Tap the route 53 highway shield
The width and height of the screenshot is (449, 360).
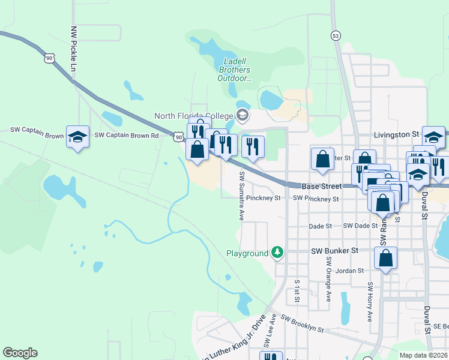coord(335,36)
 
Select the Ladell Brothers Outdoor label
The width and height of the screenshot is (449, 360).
coord(235,70)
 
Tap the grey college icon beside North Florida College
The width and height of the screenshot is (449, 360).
coord(243,115)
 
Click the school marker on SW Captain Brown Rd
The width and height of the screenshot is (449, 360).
coord(77,137)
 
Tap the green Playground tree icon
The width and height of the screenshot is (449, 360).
coord(277,253)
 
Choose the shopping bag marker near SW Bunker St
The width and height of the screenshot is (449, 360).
coord(386,259)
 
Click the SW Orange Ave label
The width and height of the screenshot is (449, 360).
coord(328,279)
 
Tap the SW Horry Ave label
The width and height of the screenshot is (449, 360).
coord(370,300)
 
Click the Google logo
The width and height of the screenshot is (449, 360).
coord(20,353)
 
